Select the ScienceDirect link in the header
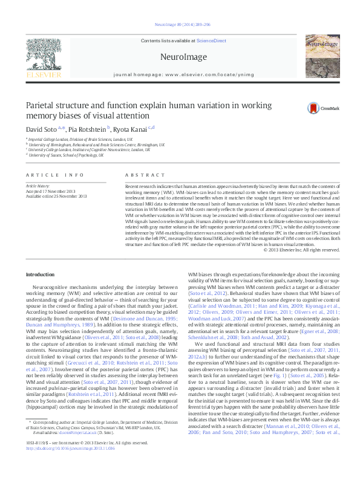[x=211, y=41]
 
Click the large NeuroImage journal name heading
[x=180, y=56]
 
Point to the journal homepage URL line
[x=180, y=76]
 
